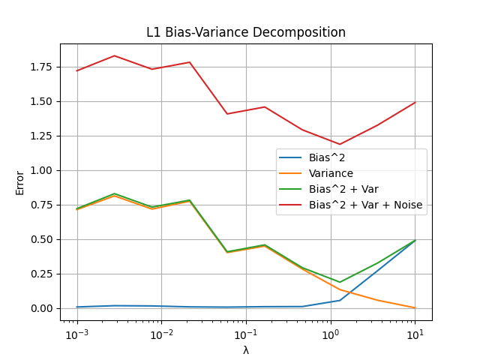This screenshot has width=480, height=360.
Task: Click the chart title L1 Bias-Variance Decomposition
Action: click(246, 33)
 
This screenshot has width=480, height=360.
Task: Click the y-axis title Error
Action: click(20, 182)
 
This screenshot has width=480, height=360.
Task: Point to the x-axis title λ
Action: click(246, 350)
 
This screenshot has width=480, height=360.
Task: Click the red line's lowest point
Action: click(340, 144)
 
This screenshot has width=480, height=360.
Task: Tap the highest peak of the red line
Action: click(114, 55)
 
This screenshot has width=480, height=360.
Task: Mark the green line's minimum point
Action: click(340, 282)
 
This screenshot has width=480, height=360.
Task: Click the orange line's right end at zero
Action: click(415, 307)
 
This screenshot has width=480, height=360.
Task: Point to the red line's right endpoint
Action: click(415, 102)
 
